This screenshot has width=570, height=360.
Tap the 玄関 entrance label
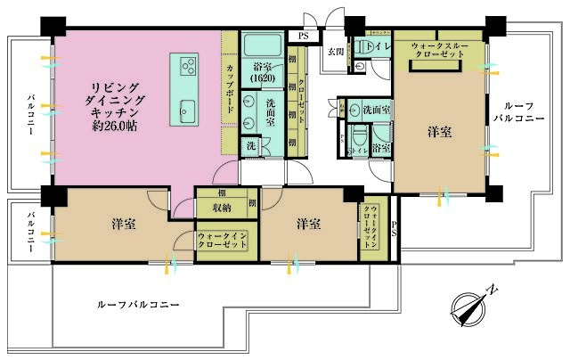point(335,52)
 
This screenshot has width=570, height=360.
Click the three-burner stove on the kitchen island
point(188,65)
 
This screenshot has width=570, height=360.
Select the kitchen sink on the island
point(186,110)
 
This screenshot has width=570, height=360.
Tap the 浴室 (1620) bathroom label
point(261,71)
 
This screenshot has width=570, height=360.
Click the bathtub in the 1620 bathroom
point(261,45)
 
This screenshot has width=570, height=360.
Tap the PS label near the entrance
point(304,36)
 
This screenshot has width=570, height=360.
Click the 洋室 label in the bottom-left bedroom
point(124,223)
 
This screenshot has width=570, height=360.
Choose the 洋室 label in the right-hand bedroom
point(438,132)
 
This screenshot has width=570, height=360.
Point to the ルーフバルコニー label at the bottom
point(138,305)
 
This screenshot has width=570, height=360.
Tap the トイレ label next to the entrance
point(374,44)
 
